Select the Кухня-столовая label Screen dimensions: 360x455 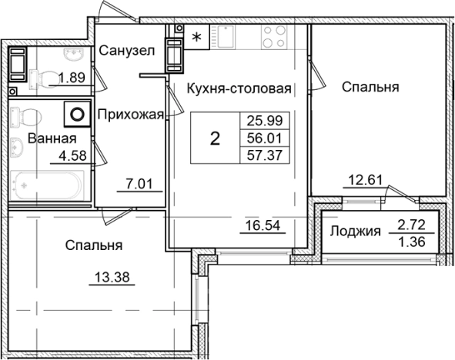(x=239, y=88)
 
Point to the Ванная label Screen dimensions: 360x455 (x=52, y=138)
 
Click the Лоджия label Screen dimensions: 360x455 (x=355, y=231)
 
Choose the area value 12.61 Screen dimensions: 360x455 (x=363, y=182)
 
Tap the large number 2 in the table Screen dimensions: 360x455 (x=216, y=139)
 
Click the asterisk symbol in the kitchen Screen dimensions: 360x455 (x=197, y=36)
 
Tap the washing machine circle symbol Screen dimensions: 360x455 (x=77, y=115)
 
